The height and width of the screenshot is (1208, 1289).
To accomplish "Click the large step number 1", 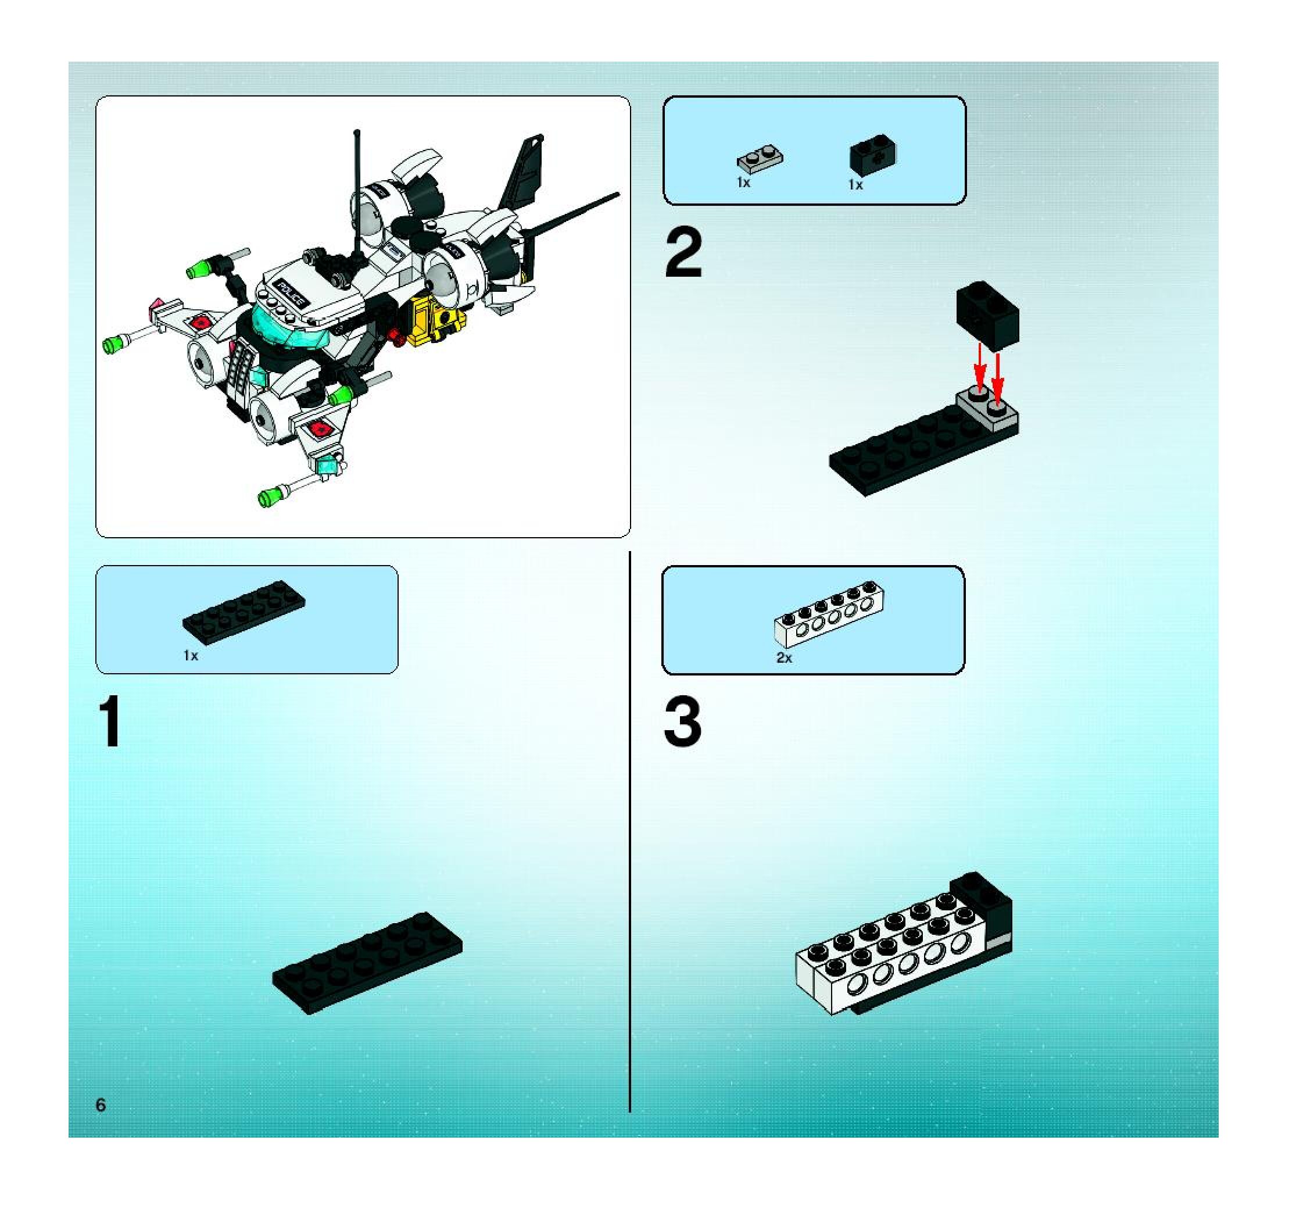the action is pos(110,721).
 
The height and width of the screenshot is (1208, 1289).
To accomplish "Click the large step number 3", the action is pos(682,721).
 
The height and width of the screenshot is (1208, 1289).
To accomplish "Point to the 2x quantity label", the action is pos(784,657).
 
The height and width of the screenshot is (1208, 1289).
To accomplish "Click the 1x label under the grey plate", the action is pos(744,183).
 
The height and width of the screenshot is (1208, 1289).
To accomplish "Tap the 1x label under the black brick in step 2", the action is pos(856,185).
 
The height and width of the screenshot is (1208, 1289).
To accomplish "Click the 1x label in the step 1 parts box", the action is pos(191,656).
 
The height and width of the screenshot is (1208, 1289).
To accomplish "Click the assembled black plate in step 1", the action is pos(367,963).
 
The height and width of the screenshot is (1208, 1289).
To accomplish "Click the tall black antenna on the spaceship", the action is pos(357,195).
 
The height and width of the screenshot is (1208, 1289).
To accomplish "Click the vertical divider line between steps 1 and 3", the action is pos(629,832).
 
